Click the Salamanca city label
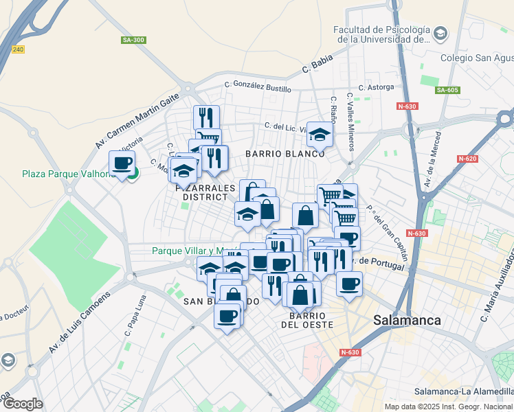(x=407, y=320)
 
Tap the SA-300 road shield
(x=133, y=41)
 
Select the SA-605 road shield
(x=447, y=90)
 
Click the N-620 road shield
(x=467, y=159)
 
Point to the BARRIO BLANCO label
(x=284, y=154)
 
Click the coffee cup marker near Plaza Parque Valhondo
(x=122, y=164)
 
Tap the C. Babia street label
(x=317, y=67)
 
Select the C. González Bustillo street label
(x=258, y=88)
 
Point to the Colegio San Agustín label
(x=476, y=58)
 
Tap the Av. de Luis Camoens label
(x=79, y=323)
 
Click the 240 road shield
(x=18, y=49)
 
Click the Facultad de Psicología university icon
(x=440, y=32)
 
